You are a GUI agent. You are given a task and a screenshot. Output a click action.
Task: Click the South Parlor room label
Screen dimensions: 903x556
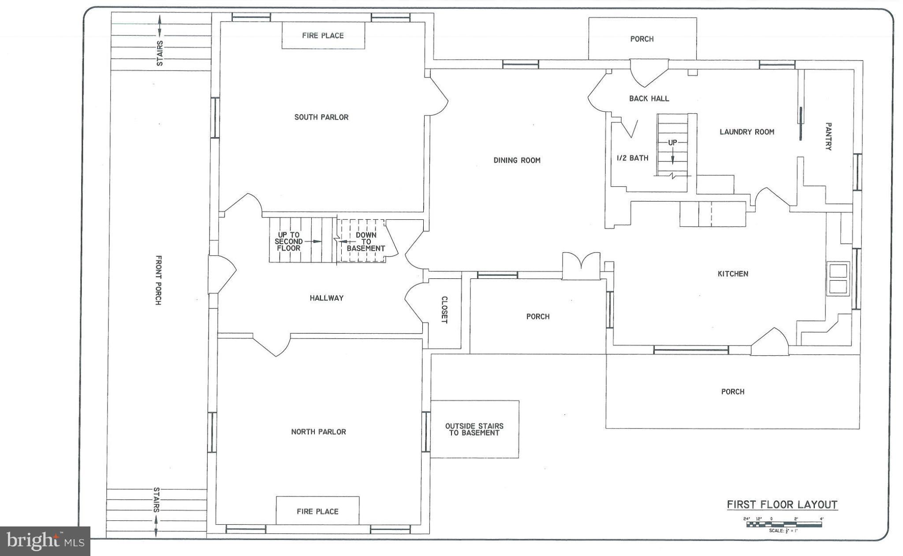(321, 117)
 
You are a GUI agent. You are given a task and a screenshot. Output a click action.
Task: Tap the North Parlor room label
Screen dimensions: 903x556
(318, 432)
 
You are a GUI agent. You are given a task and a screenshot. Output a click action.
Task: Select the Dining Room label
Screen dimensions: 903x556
(517, 160)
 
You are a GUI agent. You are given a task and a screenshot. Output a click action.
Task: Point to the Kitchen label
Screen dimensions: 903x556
(733, 274)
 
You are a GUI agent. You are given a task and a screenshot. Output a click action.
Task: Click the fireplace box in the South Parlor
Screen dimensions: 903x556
(323, 35)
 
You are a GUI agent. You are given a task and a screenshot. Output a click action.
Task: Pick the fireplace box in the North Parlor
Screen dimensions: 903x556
(317, 511)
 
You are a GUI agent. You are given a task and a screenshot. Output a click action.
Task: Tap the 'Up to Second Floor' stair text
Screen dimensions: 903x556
(289, 241)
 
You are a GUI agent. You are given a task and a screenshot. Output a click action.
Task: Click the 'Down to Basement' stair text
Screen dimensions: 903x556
(366, 241)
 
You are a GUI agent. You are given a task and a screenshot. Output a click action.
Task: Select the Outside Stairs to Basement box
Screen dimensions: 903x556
(474, 429)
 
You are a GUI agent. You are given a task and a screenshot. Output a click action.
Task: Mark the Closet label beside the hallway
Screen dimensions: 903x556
(444, 310)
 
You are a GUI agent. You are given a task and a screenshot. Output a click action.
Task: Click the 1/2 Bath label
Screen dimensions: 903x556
(632, 158)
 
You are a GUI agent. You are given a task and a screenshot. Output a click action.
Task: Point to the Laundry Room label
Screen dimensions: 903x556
(747, 131)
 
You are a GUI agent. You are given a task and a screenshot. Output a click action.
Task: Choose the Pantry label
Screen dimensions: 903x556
(828, 136)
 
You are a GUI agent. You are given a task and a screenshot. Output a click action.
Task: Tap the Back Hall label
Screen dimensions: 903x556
(649, 98)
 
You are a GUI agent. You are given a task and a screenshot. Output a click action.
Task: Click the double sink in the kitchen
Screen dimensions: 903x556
(838, 278)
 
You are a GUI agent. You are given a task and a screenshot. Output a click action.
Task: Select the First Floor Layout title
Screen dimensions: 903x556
(782, 504)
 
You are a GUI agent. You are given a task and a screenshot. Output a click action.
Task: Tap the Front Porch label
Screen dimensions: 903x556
(158, 280)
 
